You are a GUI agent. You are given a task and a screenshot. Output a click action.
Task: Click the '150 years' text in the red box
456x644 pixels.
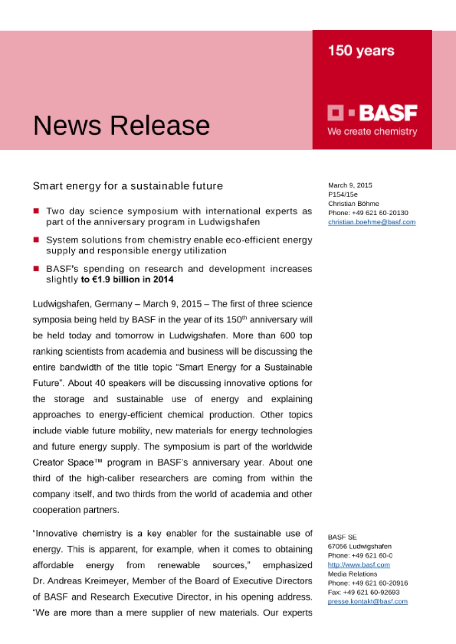click(361, 51)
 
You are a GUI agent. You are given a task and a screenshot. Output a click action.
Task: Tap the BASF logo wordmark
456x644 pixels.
click(388, 113)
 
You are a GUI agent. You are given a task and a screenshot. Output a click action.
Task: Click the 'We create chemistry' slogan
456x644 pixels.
click(372, 131)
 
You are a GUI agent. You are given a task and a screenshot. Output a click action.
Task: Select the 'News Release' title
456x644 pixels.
click(121, 125)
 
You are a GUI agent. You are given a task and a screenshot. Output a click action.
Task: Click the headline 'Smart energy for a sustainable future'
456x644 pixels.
click(128, 186)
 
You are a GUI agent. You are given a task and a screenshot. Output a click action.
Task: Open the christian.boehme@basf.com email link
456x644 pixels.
click(372, 222)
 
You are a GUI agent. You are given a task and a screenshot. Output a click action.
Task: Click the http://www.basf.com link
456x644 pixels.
click(359, 565)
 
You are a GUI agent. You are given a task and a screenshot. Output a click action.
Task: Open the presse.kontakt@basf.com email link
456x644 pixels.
click(367, 601)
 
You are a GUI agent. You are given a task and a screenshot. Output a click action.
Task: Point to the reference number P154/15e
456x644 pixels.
click(342, 194)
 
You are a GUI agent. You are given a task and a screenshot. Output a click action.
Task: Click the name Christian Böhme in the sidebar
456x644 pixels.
click(353, 204)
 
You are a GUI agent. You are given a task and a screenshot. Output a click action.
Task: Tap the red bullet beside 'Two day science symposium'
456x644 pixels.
click(36, 211)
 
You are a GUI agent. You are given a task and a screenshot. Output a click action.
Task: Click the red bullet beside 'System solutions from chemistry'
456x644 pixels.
click(36, 240)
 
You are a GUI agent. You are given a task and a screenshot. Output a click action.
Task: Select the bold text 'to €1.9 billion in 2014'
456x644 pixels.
click(127, 279)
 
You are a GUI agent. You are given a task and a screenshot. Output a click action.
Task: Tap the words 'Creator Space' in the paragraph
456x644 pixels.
click(63, 462)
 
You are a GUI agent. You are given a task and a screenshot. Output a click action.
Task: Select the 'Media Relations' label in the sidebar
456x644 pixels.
click(352, 574)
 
